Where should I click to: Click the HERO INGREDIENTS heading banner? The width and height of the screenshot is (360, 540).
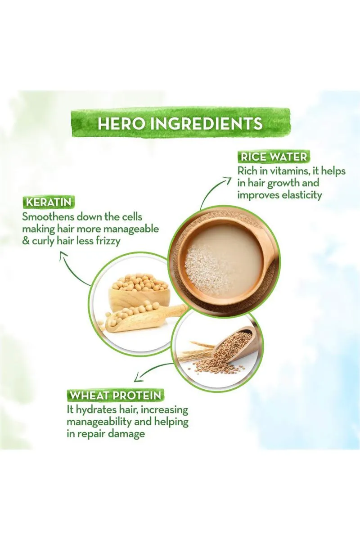(x=181, y=123)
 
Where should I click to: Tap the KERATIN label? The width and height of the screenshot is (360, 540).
(x=49, y=202)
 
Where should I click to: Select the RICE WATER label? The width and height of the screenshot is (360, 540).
(x=274, y=157)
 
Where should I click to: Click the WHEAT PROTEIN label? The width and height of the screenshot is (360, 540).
(x=115, y=396)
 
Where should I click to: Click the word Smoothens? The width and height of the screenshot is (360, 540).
(x=48, y=217)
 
